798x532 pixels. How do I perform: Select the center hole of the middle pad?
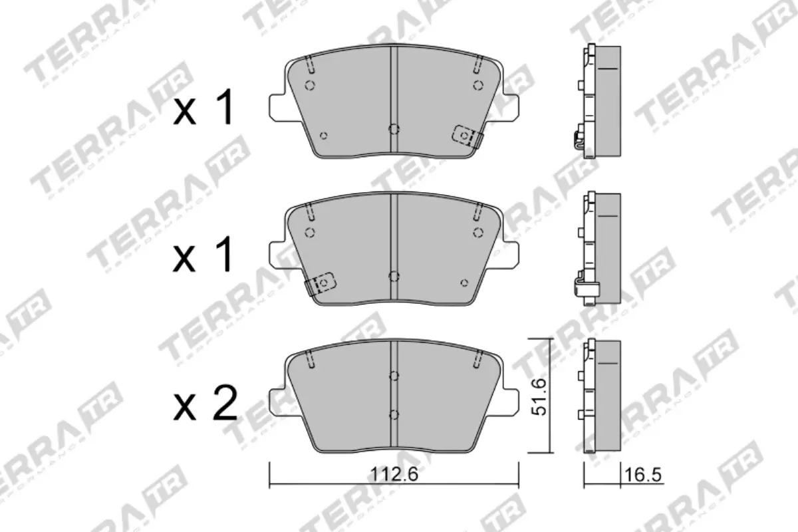[x=394, y=276]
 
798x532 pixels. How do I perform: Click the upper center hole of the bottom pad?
[x=394, y=376]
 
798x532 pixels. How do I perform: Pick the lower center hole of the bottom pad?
[x=394, y=415]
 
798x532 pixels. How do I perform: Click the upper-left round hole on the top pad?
[x=309, y=84]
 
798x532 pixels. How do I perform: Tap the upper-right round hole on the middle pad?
[x=477, y=231]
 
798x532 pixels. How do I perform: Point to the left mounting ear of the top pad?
[x=276, y=106]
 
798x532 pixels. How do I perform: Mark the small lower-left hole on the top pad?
[x=324, y=136]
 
